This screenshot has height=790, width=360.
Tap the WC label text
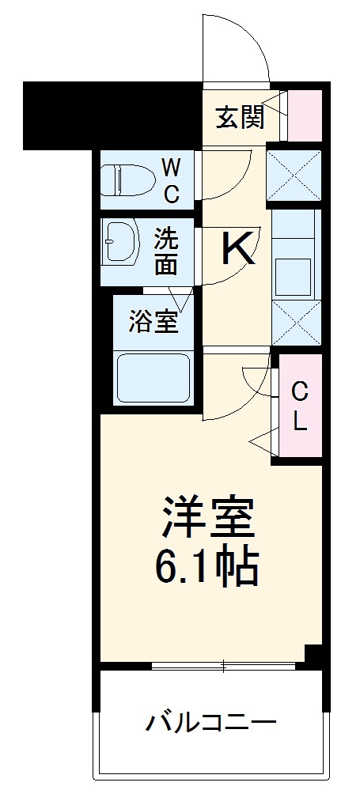pos(171,180)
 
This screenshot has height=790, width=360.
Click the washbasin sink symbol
pos(120,242)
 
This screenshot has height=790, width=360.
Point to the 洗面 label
pos(166,251)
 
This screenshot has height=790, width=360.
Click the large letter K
pos(237,250)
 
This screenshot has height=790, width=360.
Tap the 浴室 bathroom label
pos(153,321)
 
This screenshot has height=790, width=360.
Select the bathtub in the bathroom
pos(153,379)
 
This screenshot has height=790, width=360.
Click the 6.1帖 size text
pos(209,563)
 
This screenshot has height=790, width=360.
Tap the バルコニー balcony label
pos(210,722)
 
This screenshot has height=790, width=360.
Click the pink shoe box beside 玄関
pos(305,115)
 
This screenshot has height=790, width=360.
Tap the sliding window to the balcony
pos(223,667)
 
